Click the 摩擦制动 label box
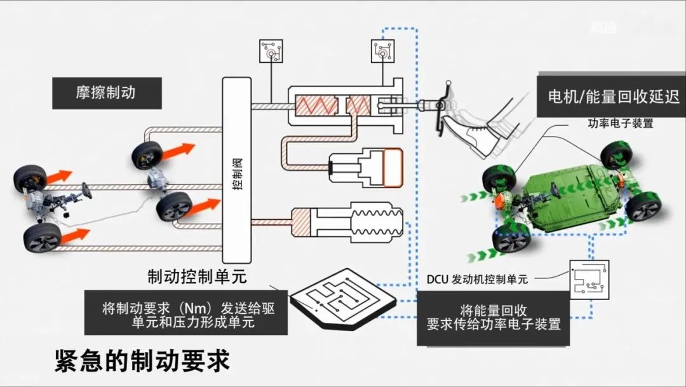pos(107,93)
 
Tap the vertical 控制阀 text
pos(237,173)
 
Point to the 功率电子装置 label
pos(621,123)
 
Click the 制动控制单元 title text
pos(198,276)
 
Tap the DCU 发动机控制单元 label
pos(477,279)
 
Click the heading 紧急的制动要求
pos(143,360)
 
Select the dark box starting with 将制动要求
pos(186,313)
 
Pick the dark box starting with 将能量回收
pos(493,318)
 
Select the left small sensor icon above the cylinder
pos(271,51)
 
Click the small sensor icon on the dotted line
pos(383,51)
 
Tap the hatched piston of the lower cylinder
pos(302,222)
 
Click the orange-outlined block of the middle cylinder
pos(393,167)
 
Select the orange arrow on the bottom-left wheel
pos(74,236)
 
